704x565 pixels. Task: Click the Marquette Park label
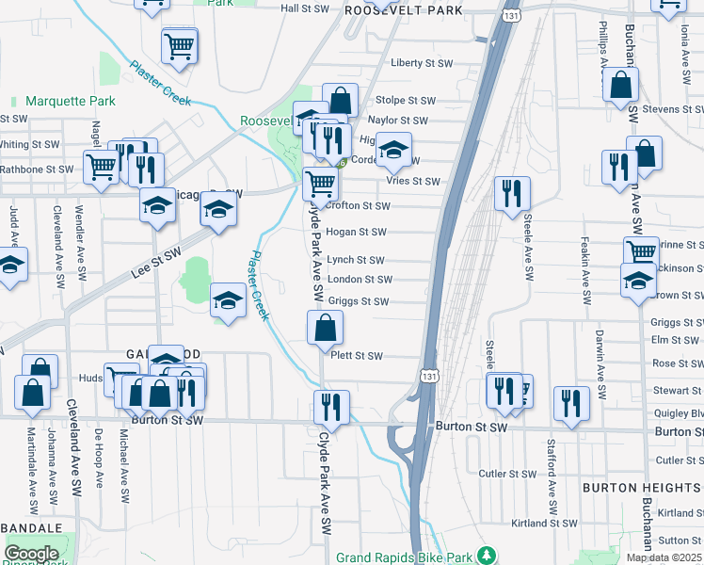[x=70, y=101]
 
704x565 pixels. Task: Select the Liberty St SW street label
[x=421, y=64]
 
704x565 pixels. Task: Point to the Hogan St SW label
[x=357, y=232]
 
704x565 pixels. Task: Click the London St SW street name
[x=360, y=280]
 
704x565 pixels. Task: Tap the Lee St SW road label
[x=156, y=263]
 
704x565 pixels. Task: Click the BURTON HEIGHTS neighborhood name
[x=641, y=488]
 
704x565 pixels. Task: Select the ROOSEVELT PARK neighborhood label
[x=404, y=9]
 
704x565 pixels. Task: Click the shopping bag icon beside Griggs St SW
[x=325, y=329]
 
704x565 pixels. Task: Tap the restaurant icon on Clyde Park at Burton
[x=331, y=407]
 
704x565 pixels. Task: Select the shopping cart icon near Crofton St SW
[x=321, y=183]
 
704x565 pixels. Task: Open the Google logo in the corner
[x=31, y=554]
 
